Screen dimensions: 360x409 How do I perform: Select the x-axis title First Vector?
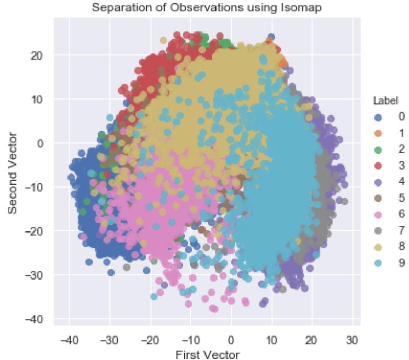207,355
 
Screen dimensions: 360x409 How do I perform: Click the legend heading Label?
381,101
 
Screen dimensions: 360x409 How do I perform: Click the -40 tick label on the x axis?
69,340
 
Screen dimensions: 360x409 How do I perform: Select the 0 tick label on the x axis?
231,340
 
